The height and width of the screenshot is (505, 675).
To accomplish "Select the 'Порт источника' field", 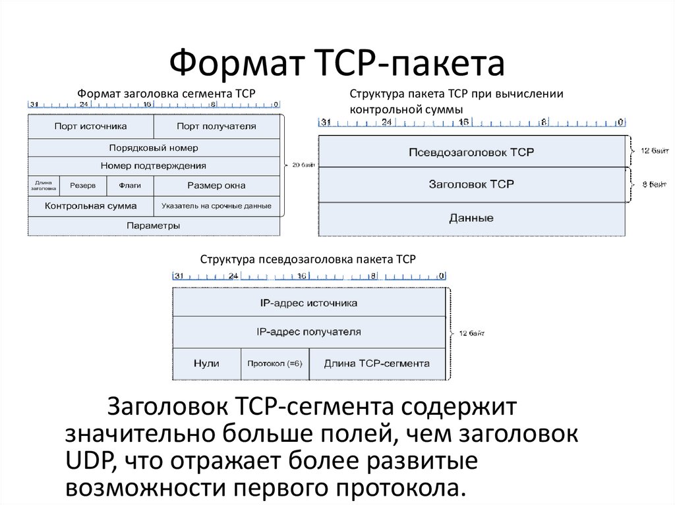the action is click(91, 126).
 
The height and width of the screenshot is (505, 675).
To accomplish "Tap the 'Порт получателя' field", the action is click(216, 126).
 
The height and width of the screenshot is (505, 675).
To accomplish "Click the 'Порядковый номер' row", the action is click(153, 147).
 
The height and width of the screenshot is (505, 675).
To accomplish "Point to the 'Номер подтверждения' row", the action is click(153, 166).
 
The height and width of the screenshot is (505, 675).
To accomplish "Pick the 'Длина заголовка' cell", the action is click(44, 186).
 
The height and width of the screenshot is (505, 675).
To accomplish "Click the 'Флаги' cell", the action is click(130, 186).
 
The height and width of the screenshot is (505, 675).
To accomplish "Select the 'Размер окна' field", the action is click(216, 186).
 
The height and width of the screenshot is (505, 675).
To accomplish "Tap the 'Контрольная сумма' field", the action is click(91, 206).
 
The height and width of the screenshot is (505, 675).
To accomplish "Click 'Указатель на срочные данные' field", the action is click(216, 206).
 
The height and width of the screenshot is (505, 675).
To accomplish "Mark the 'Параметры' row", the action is click(153, 225).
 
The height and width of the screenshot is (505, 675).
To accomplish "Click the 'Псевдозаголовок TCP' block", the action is click(471, 152).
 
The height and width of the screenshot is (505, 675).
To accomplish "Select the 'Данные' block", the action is click(471, 218).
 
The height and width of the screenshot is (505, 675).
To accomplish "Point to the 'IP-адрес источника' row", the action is click(308, 303).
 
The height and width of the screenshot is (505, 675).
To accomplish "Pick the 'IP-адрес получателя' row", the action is click(308, 332).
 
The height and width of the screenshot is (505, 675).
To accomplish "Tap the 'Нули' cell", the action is click(206, 363).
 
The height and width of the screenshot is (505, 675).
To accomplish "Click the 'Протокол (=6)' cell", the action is click(274, 363).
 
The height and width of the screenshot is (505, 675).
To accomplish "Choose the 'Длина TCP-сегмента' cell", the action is click(376, 363).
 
